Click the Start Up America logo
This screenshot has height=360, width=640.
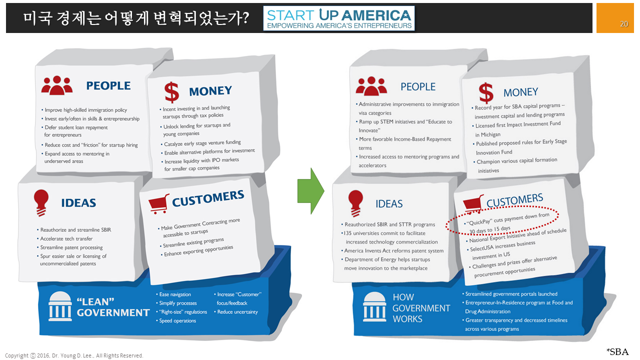339,18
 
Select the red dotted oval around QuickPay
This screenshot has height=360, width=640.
502,220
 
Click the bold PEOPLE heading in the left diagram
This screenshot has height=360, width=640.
108,85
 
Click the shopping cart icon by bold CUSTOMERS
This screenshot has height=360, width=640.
158,203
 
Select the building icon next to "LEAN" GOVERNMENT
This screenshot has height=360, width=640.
60,306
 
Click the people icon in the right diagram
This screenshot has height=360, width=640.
371,86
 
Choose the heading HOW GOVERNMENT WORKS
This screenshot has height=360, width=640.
414,308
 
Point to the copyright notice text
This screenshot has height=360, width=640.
74,355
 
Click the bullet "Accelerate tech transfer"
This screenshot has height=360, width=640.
66,238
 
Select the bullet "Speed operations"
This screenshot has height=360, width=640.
177,320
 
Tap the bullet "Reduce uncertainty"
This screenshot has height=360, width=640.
237,312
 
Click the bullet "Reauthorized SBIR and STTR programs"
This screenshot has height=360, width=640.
389,224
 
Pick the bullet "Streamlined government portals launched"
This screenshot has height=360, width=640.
511,294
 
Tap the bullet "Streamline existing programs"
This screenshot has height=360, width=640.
193,243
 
